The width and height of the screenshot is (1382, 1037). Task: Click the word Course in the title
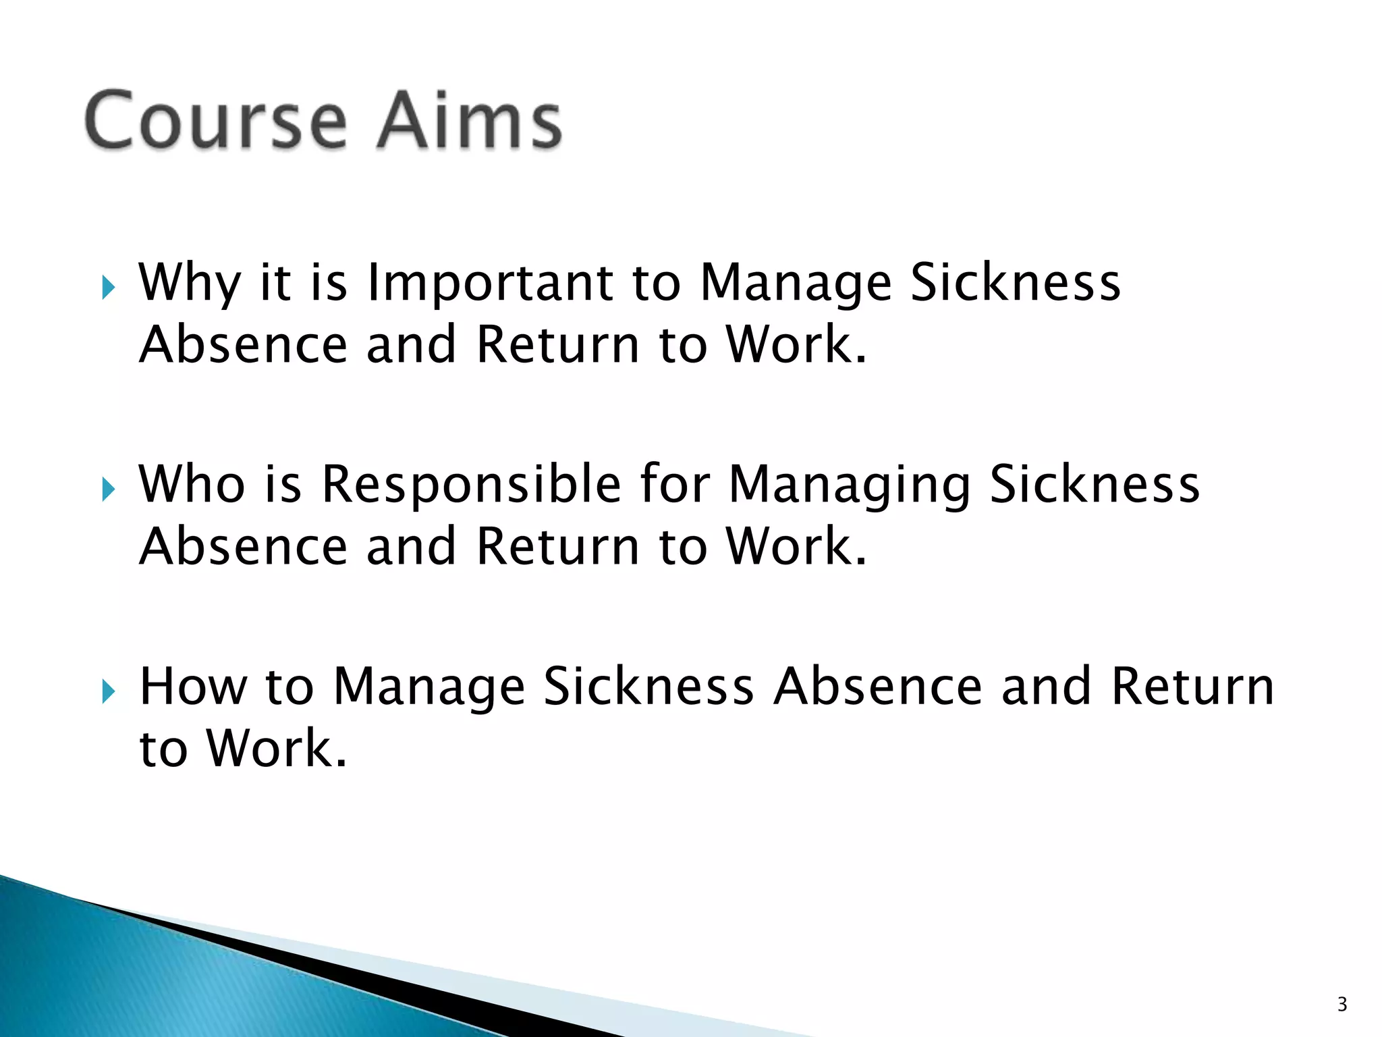[216, 122]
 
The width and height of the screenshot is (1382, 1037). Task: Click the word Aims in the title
[469, 122]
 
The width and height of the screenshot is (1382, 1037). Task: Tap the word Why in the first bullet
[190, 284]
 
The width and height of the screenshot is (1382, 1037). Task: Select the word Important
[490, 284]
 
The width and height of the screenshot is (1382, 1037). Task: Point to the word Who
[192, 484]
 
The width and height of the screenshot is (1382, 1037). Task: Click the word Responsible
[471, 484]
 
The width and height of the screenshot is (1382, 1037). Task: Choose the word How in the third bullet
[193, 687]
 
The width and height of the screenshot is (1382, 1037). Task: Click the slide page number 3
[1342, 1005]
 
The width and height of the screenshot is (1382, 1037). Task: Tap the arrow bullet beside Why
[109, 288]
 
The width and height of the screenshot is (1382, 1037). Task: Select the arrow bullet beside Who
[109, 489]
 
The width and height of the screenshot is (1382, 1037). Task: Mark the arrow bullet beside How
[109, 691]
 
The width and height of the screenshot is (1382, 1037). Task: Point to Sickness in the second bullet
[1095, 484]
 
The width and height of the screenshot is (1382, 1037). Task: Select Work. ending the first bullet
[796, 344]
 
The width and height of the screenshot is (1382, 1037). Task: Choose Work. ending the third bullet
[277, 749]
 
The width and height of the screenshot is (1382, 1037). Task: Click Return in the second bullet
[557, 546]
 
